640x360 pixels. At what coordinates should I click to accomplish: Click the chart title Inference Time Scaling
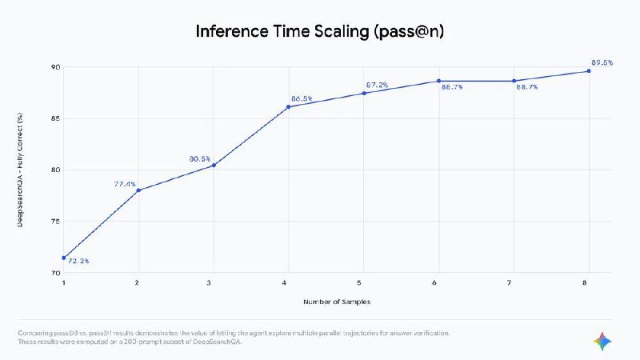tap(319, 32)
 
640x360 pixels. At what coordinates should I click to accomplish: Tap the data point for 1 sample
tap(63, 258)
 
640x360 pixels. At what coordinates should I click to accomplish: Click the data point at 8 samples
tap(589, 71)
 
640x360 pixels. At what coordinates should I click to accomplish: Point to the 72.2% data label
tap(78, 262)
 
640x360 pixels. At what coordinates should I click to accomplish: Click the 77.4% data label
tap(125, 184)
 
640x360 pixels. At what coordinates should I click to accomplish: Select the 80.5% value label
tap(200, 159)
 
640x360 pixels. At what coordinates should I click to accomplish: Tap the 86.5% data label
tap(302, 98)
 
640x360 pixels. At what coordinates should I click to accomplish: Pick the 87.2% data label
tap(377, 84)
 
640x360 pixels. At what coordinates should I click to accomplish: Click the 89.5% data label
tap(602, 62)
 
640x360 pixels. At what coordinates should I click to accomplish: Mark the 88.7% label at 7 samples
tap(527, 87)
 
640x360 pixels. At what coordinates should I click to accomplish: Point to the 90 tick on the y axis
tap(54, 67)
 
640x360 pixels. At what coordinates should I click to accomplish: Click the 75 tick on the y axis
tap(54, 222)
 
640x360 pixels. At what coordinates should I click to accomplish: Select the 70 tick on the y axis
tap(54, 273)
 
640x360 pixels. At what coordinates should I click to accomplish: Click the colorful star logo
tap(602, 342)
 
